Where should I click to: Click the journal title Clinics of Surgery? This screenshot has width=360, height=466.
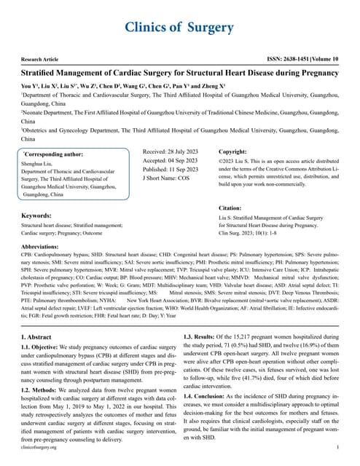[179, 28]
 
